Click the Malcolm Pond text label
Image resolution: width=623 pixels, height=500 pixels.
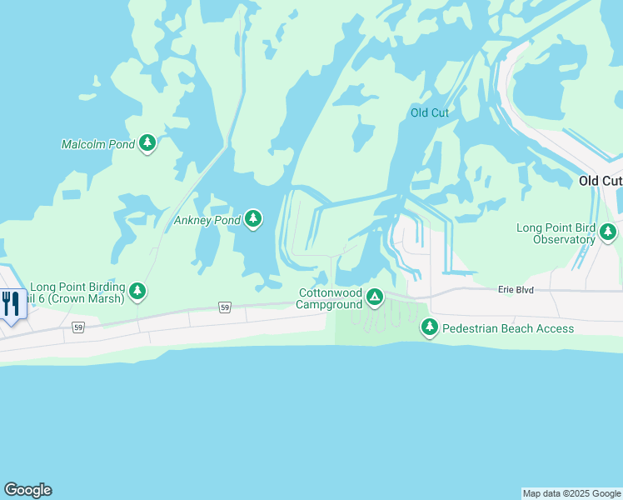(97, 144)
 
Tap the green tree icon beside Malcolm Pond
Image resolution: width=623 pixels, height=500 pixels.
(147, 143)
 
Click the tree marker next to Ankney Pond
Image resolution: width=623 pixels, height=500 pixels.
(253, 219)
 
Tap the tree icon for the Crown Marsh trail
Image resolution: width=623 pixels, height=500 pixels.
(137, 292)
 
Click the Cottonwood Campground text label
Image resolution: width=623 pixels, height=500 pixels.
(331, 298)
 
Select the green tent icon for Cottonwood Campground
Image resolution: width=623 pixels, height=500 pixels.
(376, 297)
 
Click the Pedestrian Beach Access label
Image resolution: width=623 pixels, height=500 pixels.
(507, 328)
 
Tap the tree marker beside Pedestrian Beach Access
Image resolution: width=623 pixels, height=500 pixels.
(430, 327)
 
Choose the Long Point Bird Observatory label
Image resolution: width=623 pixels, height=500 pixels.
(556, 233)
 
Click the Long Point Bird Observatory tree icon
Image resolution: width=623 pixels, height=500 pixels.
(609, 232)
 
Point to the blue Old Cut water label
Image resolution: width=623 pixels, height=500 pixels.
(430, 112)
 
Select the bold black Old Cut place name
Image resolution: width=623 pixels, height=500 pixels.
(601, 181)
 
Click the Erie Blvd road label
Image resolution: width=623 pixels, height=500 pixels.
(515, 289)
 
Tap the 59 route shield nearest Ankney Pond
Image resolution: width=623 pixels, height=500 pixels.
(225, 307)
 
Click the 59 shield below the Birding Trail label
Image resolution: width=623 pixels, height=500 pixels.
(78, 327)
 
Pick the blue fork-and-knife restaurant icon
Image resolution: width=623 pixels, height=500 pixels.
(11, 302)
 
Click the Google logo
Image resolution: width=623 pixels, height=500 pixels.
(27, 490)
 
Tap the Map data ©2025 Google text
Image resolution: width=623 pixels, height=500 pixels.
(571, 493)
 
